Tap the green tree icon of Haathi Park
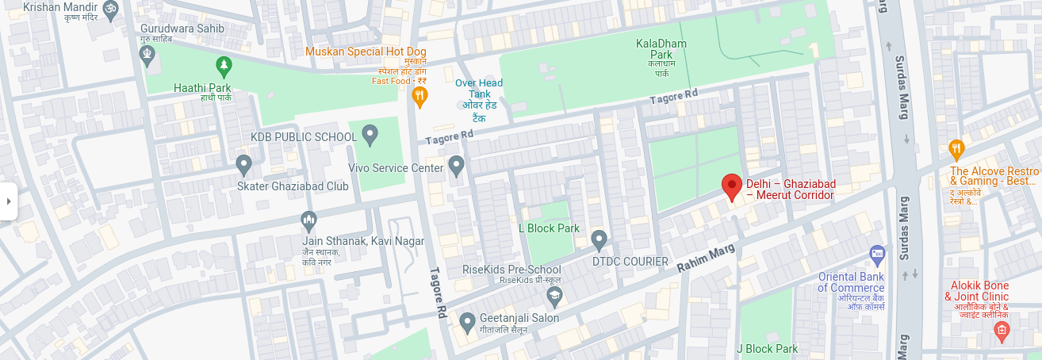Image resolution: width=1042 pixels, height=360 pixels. [x=224, y=65]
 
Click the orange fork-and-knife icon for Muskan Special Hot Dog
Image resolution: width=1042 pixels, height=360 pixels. [x=419, y=97]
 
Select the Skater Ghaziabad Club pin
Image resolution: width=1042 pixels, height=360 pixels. [x=244, y=164]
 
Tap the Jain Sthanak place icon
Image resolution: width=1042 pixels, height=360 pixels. [x=308, y=219]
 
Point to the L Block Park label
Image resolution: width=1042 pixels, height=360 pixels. [x=549, y=228]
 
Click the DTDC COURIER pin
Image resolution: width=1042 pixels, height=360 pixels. [x=600, y=238]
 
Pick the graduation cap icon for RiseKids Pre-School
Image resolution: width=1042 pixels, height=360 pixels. [x=554, y=297]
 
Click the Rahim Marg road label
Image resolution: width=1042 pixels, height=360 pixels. [x=706, y=259]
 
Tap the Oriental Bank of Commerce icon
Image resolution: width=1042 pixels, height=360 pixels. [x=877, y=255]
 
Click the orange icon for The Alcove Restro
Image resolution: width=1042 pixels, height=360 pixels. [x=956, y=147]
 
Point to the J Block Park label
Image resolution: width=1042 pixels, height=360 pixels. [x=767, y=349]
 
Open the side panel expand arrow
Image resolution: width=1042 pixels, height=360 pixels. [x=8, y=201]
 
